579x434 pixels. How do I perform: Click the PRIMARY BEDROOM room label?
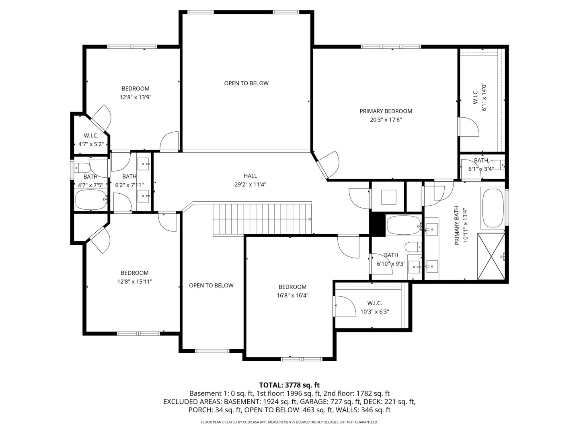point(386,111)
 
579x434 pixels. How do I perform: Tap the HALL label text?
point(250,176)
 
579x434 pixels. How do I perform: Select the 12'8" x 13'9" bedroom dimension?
point(136,97)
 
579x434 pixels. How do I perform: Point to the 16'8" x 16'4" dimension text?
point(292,295)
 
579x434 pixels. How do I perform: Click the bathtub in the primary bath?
point(493,209)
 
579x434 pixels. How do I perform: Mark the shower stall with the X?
point(491,256)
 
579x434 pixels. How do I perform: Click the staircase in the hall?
point(262,219)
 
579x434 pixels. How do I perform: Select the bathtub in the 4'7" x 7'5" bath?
point(91,200)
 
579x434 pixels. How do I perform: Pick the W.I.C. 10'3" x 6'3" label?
point(374,307)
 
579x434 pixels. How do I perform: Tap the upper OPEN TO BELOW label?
point(246,83)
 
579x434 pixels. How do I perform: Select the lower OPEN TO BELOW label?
point(211,285)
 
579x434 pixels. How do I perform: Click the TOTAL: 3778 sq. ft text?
point(289,385)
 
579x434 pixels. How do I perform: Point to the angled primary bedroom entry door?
point(327,164)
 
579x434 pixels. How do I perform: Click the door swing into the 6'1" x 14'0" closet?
point(468,127)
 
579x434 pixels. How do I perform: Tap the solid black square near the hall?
point(377,223)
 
